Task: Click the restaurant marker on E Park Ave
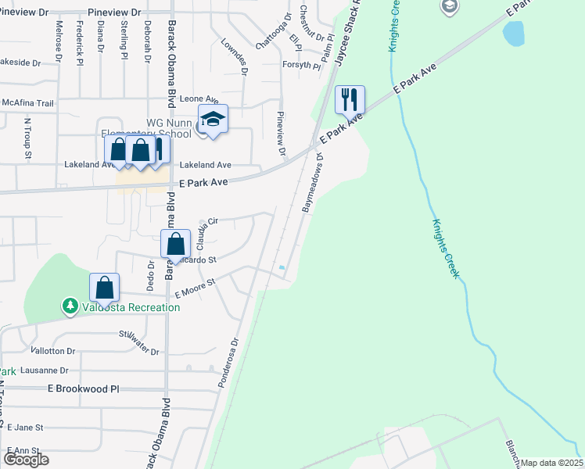350,99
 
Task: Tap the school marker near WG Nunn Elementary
212,119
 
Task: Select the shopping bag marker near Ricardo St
176,244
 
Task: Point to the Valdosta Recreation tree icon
70,306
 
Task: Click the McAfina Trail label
27,103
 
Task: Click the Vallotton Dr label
52,352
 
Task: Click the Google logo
26,459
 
